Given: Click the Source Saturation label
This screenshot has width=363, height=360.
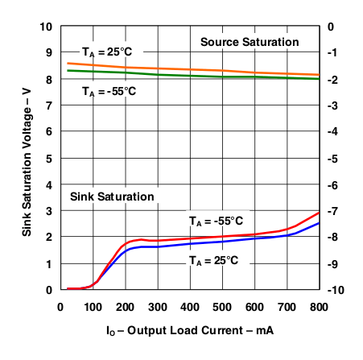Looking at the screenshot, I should [x=250, y=42].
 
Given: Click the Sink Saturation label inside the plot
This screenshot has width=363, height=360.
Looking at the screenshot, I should [x=111, y=196].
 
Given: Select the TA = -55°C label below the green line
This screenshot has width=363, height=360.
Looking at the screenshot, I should [x=109, y=91].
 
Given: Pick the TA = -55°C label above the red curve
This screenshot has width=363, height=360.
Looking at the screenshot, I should [x=216, y=221].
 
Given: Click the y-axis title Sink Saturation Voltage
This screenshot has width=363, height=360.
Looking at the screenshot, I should [x=27, y=158].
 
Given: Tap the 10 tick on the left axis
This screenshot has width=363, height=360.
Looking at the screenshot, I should [x=47, y=27].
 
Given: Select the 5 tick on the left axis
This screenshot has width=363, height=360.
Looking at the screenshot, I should [x=50, y=159].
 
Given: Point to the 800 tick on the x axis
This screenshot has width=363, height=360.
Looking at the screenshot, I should [x=320, y=306].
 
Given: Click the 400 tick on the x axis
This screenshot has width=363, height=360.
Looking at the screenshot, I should [x=190, y=306].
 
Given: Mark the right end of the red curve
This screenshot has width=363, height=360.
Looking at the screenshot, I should [x=320, y=213].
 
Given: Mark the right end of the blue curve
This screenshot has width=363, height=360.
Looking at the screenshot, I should [x=320, y=223].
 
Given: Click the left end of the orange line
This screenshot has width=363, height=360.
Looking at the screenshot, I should [x=68, y=63].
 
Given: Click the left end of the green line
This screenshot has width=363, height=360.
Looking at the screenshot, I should [x=68, y=70].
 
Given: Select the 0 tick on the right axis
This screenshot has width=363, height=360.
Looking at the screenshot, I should [x=331, y=27].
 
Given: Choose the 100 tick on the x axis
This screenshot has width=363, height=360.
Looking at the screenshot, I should [x=93, y=306].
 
